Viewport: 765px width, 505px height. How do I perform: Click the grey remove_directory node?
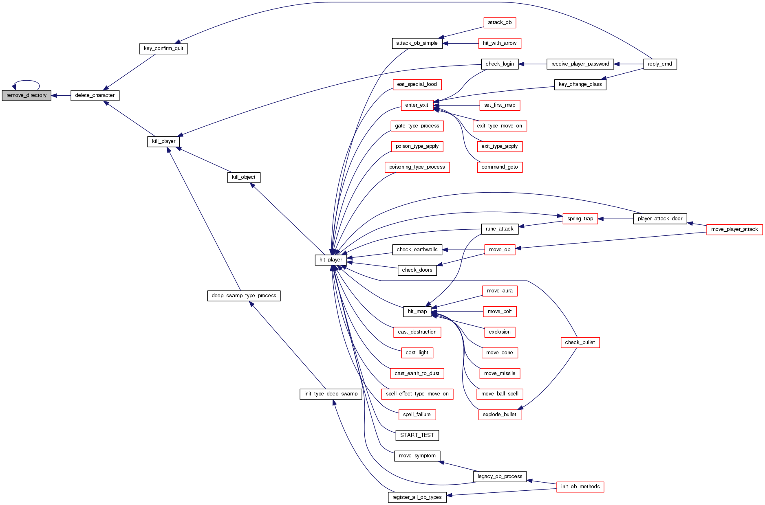[x=26, y=95]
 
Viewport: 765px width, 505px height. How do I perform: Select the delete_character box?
[x=95, y=95]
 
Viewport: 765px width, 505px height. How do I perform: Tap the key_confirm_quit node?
[x=163, y=48]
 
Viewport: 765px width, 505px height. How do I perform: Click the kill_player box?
[x=163, y=141]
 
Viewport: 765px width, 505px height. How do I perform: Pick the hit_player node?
[x=331, y=260]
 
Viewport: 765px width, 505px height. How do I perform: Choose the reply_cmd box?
[x=660, y=64]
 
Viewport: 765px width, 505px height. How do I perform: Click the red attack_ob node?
[x=500, y=22]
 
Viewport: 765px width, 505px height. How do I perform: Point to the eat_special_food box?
[x=417, y=84]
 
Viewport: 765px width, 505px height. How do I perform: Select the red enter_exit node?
[x=417, y=105]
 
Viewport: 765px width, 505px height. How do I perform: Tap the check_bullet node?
[x=580, y=343]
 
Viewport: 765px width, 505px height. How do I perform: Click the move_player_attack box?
[x=734, y=229]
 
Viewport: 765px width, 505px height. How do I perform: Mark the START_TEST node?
[x=417, y=435]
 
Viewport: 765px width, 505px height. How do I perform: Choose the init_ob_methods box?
[x=580, y=487]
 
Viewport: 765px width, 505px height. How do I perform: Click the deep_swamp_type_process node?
[x=244, y=296]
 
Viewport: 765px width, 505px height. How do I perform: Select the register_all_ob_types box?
[x=417, y=497]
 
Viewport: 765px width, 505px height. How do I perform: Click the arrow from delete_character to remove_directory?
[x=61, y=96]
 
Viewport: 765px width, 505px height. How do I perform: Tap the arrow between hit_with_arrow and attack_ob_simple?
[x=461, y=43]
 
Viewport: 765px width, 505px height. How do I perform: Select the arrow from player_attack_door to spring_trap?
[x=616, y=219]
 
